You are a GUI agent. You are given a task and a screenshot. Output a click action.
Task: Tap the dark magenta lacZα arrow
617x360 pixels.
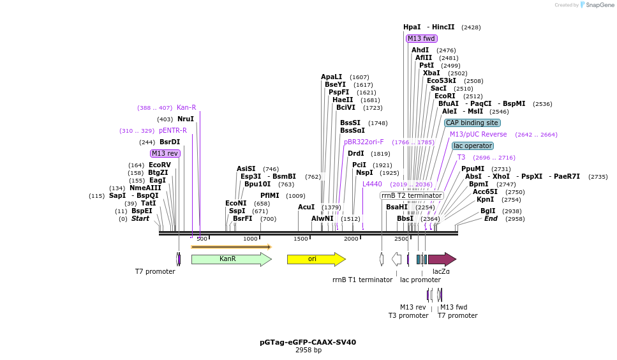tap(441, 259)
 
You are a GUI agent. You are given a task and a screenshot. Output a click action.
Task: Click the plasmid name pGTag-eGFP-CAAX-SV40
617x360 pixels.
tap(308, 342)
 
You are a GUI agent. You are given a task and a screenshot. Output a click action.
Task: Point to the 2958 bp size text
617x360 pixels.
tap(308, 350)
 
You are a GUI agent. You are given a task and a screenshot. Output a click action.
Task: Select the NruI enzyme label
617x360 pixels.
tap(185, 119)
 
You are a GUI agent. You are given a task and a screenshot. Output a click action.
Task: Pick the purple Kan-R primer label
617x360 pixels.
tap(186, 107)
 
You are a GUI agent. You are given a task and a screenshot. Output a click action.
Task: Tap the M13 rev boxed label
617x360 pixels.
tap(165, 153)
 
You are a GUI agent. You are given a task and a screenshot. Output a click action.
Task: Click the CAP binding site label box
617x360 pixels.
tap(472, 123)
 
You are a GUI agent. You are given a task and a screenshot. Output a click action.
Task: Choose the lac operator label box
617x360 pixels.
tap(472, 146)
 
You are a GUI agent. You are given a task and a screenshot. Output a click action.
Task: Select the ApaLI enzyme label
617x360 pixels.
tap(331, 77)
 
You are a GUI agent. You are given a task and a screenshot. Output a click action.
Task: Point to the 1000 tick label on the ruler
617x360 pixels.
tap(250, 239)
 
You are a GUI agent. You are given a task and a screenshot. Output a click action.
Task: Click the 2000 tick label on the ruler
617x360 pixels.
tap(351, 239)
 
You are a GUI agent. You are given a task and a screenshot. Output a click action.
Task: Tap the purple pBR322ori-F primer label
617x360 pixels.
tap(364, 142)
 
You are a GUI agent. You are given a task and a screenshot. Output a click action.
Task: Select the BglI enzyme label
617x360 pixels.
tap(487, 211)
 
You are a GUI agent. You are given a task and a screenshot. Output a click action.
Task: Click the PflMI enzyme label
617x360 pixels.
tap(269, 195)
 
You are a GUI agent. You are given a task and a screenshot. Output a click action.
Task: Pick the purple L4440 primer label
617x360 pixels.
tap(372, 184)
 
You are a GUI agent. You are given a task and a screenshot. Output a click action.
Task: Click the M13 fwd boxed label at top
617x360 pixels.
tap(421, 38)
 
